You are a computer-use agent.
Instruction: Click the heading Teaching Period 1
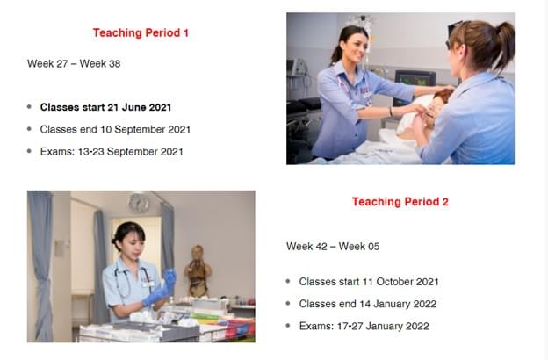[x=141, y=32]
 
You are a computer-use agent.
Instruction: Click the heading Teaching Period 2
[x=400, y=202]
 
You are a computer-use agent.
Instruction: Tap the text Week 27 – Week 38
[x=74, y=63]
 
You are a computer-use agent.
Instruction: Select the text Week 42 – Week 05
[x=333, y=247]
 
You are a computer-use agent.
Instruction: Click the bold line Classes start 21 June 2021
[x=105, y=107]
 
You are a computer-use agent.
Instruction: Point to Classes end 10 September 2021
[x=115, y=130]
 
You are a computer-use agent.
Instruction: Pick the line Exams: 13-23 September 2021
[x=112, y=152]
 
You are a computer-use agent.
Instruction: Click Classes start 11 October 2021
[x=369, y=282]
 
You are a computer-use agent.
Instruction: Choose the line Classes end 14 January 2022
[x=368, y=304]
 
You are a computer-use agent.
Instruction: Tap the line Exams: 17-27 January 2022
[x=364, y=326]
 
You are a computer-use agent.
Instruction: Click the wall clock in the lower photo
[x=139, y=203]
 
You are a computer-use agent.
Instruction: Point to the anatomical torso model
[x=198, y=270]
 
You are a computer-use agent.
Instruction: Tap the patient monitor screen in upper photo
[x=415, y=81]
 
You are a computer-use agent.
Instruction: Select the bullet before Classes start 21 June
[x=29, y=107]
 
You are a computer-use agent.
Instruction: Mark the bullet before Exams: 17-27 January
[x=288, y=326]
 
